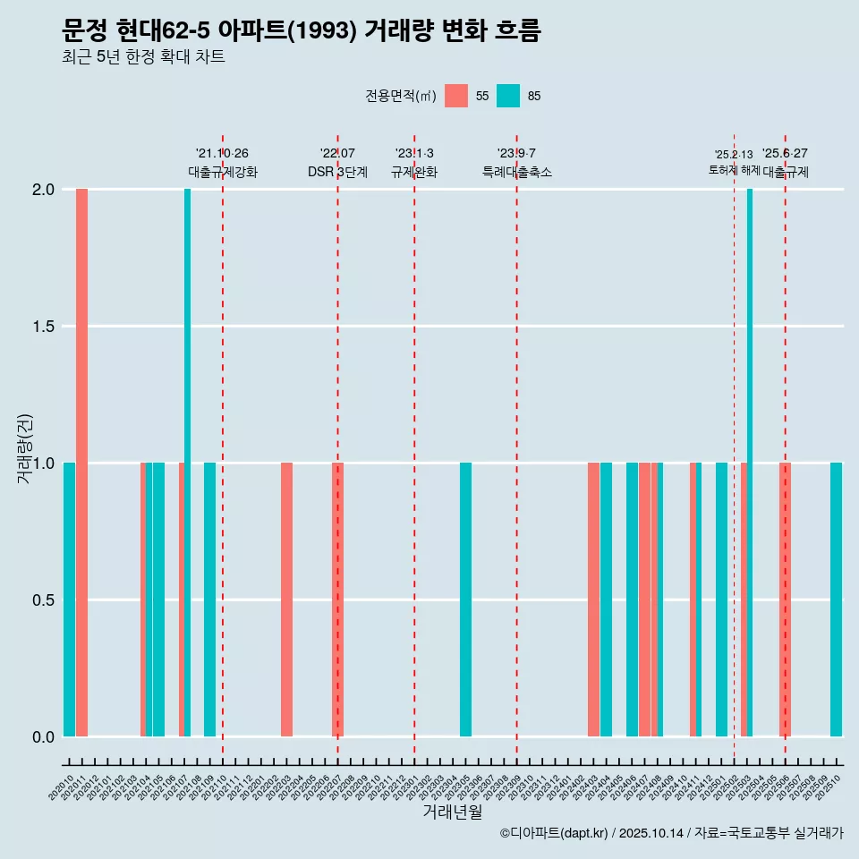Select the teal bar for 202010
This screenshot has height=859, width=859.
(x=69, y=600)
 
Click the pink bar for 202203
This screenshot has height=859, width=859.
(x=286, y=600)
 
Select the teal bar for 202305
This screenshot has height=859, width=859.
(x=465, y=600)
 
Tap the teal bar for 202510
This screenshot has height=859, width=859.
(x=836, y=600)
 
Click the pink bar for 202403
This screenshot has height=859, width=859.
(x=593, y=600)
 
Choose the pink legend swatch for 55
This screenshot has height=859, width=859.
(x=456, y=96)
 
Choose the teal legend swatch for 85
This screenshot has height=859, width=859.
(x=508, y=96)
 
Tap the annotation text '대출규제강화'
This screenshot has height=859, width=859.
(x=223, y=172)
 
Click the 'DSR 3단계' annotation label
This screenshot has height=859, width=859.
(x=337, y=172)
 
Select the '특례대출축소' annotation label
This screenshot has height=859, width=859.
(x=516, y=172)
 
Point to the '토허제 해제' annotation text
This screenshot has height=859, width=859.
(x=734, y=169)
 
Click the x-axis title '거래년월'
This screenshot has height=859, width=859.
(x=452, y=812)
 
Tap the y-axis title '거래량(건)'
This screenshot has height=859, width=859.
(x=24, y=447)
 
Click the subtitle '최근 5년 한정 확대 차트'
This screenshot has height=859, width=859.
(x=143, y=57)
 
